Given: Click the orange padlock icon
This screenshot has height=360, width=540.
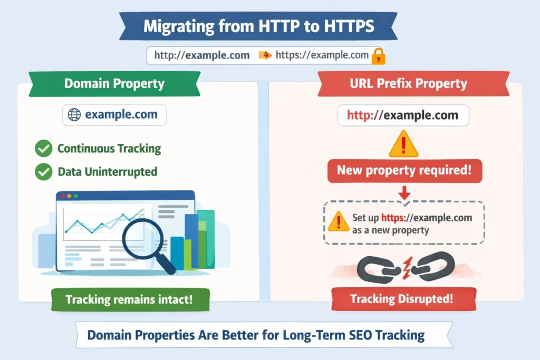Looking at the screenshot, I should pos(378,56).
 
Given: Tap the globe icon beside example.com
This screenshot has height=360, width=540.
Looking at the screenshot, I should pos(74,115).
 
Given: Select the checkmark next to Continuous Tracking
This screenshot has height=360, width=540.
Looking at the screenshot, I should pos(43,149).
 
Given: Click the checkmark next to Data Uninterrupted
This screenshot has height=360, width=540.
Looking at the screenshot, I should pos(43,171).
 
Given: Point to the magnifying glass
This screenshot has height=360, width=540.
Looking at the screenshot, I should pos(143,240).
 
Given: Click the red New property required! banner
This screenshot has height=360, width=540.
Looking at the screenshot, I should pos(404,171).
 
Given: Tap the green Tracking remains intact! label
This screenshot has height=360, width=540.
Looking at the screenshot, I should pos(129,299).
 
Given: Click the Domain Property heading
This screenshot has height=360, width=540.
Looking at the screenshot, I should pos(114,84).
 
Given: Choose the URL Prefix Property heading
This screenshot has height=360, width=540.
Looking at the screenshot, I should pos(413,84).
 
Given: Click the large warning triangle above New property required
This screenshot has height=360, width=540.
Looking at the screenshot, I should pos(403,144).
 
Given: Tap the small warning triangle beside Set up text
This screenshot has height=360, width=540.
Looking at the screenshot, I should pos(338,222).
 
